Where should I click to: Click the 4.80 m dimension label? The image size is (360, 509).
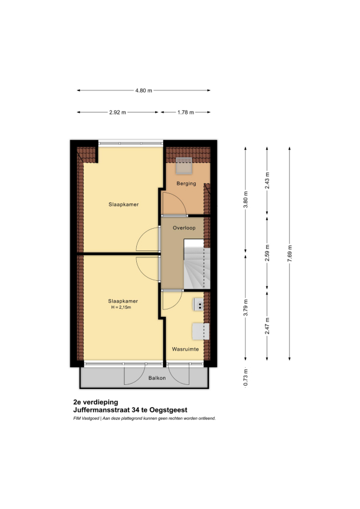(144, 90)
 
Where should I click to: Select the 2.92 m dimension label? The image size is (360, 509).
(118, 112)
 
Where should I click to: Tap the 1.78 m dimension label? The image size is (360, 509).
(185, 112)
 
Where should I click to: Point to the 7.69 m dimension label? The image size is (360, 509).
(290, 253)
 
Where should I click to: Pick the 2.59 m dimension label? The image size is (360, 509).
(267, 253)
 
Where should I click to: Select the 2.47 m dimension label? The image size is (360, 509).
(267, 326)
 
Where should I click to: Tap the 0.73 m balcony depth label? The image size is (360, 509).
(246, 377)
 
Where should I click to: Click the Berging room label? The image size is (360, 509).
(186, 184)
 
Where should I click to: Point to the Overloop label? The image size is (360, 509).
(184, 228)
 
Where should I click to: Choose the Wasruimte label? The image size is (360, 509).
(185, 349)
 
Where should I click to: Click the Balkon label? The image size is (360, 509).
(157, 378)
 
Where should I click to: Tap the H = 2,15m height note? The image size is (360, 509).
(121, 307)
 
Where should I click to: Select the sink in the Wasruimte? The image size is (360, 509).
(199, 304)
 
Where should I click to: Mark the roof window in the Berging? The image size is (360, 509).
(184, 166)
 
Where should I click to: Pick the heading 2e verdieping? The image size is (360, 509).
(96, 403)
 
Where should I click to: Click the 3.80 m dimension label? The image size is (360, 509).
(246, 200)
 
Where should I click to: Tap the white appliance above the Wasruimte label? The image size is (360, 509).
(200, 331)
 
